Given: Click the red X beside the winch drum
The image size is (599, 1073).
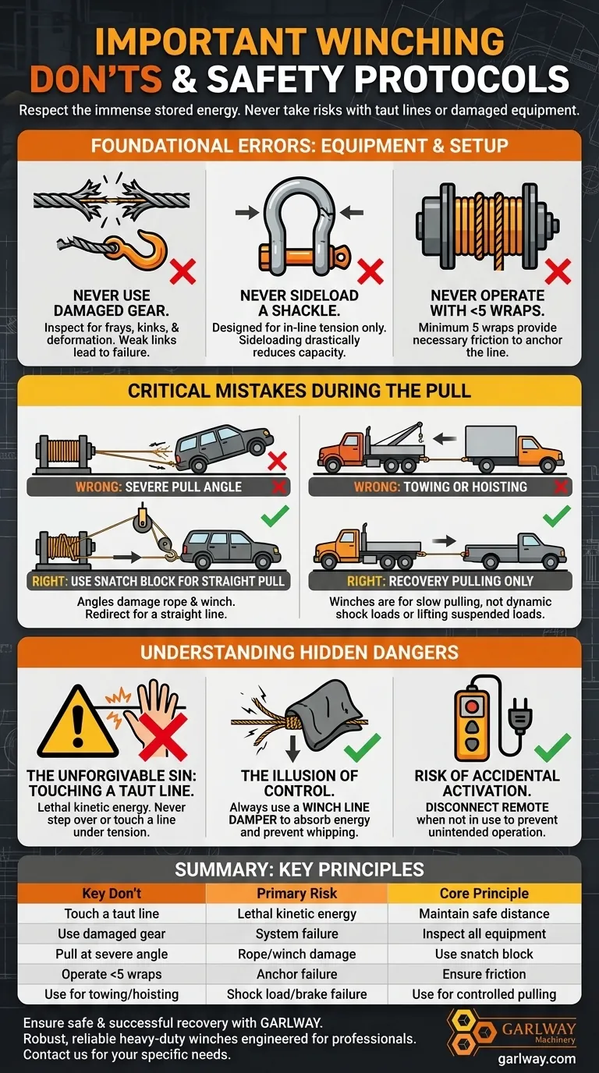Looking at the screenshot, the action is click(558, 271).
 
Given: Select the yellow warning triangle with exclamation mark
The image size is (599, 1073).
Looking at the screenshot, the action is click(78, 724).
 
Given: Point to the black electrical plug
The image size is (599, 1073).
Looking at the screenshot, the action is click(519, 714).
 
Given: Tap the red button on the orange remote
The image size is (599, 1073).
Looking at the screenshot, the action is click(472, 706).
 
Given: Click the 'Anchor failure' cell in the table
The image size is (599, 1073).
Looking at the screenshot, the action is click(297, 974).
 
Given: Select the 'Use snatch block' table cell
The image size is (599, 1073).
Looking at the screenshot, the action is click(484, 954).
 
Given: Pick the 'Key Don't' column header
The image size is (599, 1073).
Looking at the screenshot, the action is click(112, 894).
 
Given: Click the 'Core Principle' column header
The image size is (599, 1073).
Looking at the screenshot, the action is click(484, 894).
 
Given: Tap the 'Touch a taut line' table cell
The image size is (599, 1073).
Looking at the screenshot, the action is click(112, 913).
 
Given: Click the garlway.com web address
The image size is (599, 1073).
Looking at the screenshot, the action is click(537, 1058).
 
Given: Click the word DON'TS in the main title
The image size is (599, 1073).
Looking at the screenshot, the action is click(96, 78).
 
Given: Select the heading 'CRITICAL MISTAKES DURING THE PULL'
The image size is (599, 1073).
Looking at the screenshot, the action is click(299, 391).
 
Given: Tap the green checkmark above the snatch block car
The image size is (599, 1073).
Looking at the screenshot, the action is click(275, 515).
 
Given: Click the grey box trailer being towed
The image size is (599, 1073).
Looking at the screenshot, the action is click(492, 442).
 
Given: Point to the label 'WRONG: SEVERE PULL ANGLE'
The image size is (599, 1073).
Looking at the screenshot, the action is click(158, 487).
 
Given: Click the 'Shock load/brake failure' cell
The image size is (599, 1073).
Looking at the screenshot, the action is click(297, 994).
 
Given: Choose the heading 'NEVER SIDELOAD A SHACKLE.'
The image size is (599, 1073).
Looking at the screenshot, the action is click(299, 303).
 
